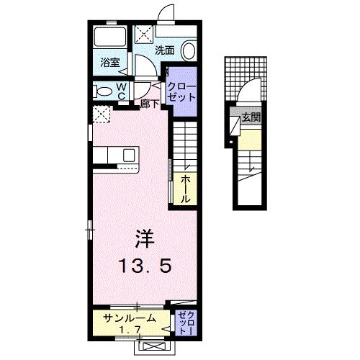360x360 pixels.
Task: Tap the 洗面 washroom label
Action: click(165, 50)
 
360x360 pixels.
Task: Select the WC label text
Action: click(122, 91)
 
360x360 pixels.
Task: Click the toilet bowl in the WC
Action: click(104, 91)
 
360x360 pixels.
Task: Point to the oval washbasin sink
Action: click(189, 50)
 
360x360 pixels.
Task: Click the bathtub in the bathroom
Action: click(110, 40)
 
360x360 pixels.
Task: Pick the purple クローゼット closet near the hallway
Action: click(180, 91)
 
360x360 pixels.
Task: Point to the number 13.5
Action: click(145, 267)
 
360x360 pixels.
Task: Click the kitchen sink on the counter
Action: click(130, 156)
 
